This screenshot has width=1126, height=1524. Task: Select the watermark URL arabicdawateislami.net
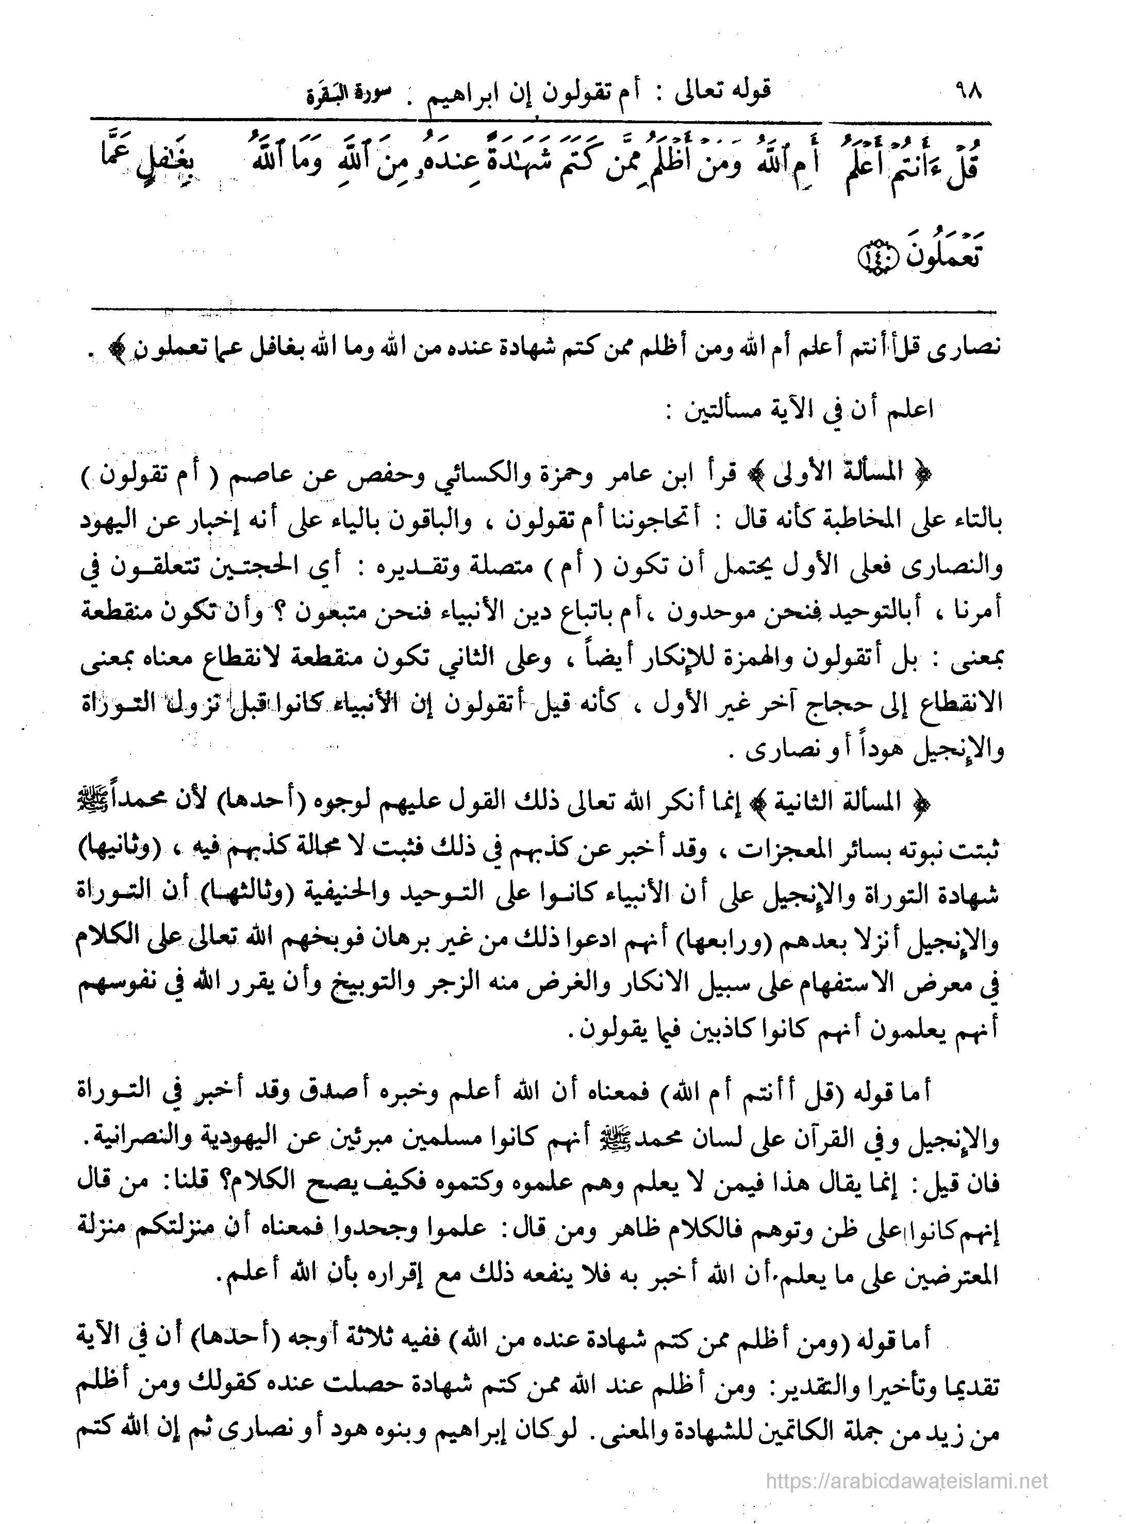coord(906,1494)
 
